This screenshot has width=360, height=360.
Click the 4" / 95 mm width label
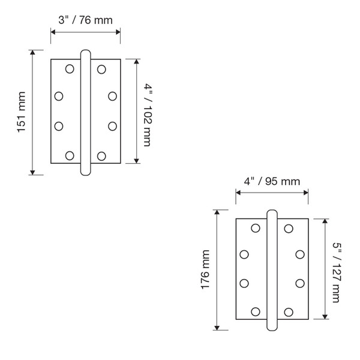coord(272,181)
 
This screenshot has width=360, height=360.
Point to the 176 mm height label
coord(206,269)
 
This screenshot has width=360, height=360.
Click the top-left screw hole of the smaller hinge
coord(70,68)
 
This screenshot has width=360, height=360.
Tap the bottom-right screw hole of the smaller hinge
coord(101,156)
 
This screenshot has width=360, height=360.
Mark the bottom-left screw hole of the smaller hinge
coord(70,156)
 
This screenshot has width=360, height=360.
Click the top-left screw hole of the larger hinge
coord(256,228)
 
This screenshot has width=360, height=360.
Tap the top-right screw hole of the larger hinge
coord(289,228)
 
